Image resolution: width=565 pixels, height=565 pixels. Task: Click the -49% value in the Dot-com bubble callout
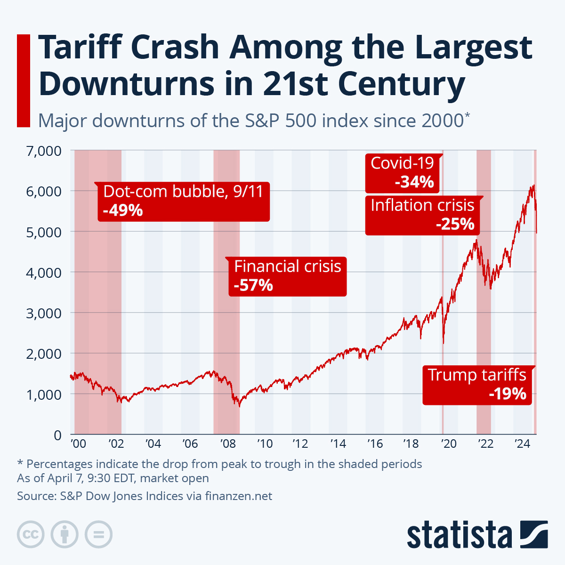(122, 210)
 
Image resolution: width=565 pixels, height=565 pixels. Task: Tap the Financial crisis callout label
(287, 266)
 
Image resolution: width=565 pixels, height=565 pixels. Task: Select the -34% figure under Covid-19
(414, 182)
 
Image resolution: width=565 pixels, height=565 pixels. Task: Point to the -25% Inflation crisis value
(455, 224)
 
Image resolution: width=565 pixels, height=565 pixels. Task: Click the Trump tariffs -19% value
(507, 393)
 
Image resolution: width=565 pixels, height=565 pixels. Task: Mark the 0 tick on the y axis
(57, 435)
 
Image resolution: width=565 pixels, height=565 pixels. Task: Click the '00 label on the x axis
(78, 444)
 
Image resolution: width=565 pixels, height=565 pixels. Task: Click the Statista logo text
(459, 535)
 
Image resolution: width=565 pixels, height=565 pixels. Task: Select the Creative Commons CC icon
(31, 535)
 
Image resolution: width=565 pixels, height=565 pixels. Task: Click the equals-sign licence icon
(98, 535)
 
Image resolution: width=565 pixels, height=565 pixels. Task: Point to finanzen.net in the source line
(238, 496)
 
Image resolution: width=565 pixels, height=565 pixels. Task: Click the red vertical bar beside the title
(23, 81)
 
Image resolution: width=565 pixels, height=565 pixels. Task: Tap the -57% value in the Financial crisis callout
(253, 285)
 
